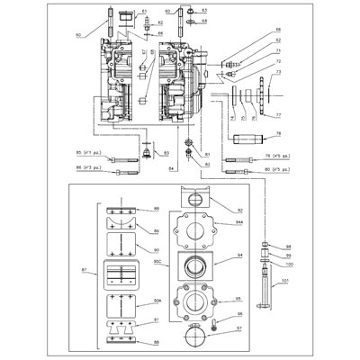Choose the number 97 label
coord(238,329)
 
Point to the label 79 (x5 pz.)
coord(286,156)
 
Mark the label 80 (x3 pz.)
coord(286,168)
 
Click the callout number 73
coord(278,73)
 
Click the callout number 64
coord(203,19)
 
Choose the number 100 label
coord(288,263)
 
